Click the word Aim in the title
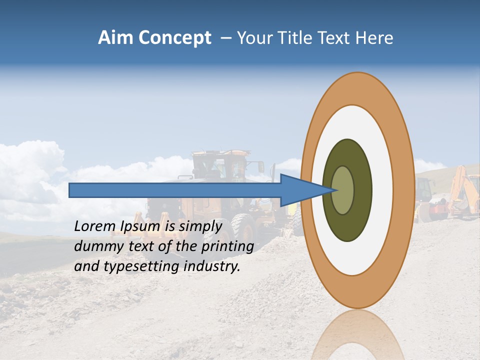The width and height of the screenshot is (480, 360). click(x=115, y=38)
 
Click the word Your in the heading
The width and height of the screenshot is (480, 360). click(x=254, y=38)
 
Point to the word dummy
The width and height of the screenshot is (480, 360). click(x=96, y=246)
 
